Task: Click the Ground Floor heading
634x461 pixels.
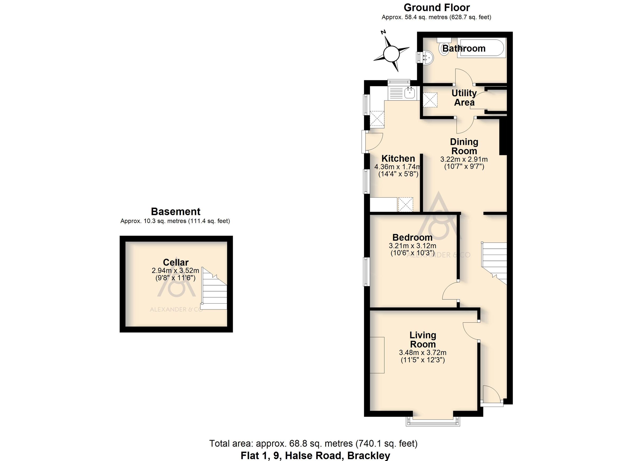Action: click(437, 8)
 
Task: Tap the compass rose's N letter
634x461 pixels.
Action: click(384, 32)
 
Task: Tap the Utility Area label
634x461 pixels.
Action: click(464, 97)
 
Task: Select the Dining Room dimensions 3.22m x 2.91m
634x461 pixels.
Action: click(464, 159)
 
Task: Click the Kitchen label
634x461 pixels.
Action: click(398, 159)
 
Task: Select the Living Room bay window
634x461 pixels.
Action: click(433, 421)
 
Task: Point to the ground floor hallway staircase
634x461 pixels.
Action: click(494, 263)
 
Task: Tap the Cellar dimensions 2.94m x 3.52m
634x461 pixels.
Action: click(175, 270)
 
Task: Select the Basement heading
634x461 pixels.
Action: click(176, 212)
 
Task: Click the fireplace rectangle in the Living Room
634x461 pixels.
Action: click(377, 355)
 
